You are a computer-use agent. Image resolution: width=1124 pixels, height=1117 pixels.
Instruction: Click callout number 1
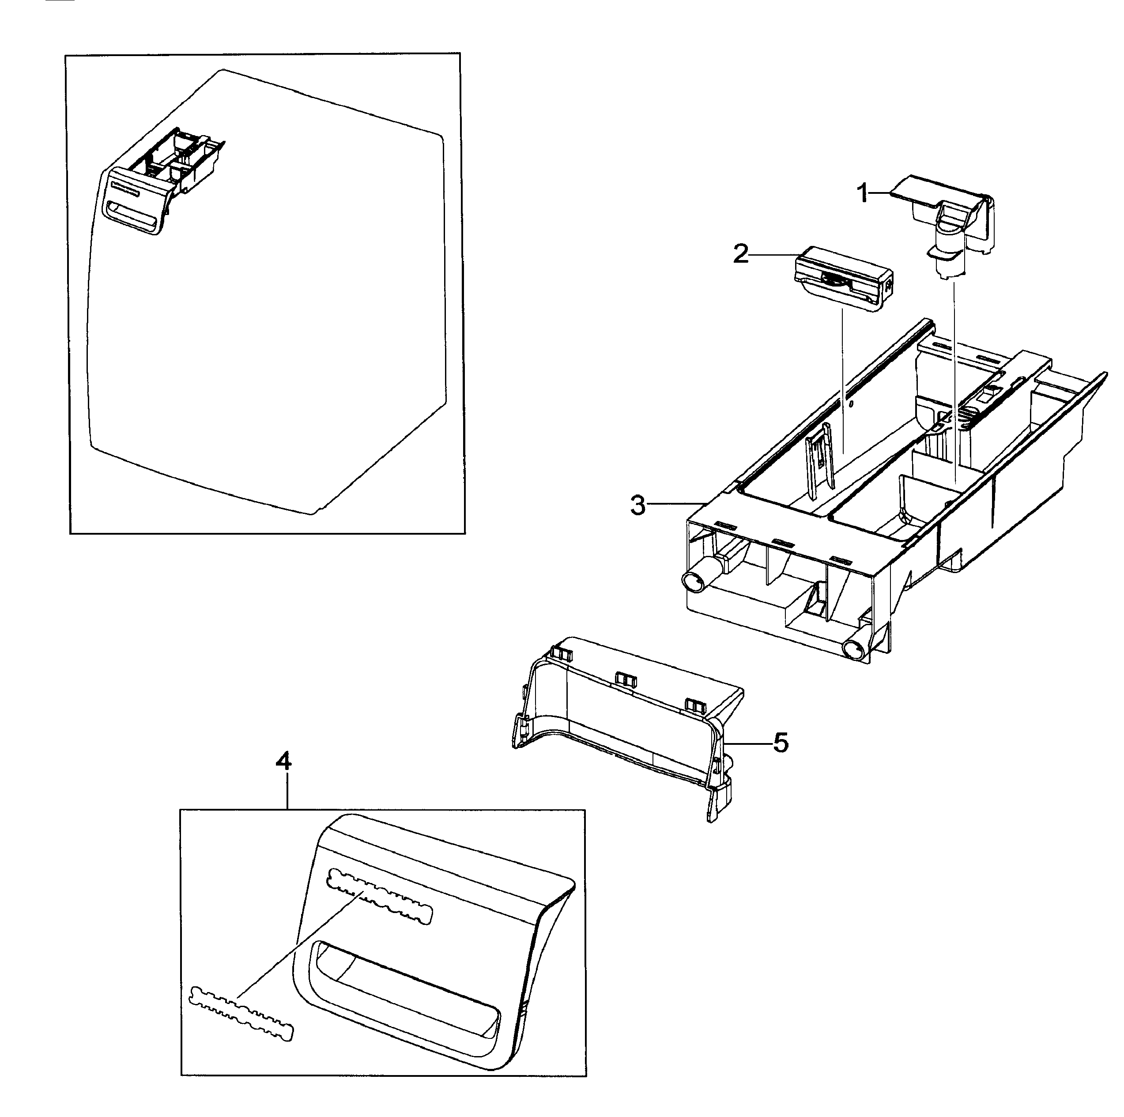click(864, 192)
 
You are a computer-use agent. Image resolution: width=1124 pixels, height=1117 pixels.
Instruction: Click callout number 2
click(741, 254)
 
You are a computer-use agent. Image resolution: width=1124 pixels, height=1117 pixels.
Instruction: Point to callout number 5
click(781, 743)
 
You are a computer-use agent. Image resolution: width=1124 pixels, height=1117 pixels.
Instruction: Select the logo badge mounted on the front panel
click(381, 905)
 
